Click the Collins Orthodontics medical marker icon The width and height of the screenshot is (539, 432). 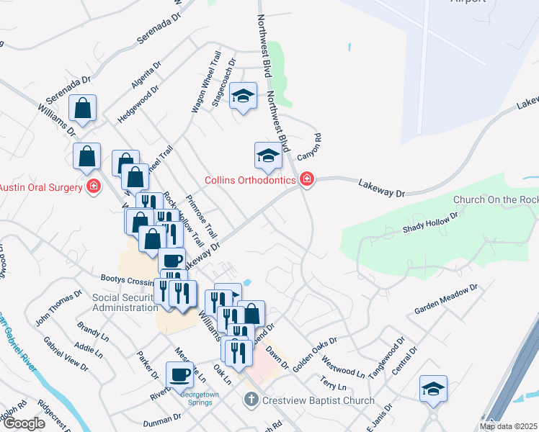point(307,179)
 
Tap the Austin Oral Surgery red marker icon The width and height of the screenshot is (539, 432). point(92,187)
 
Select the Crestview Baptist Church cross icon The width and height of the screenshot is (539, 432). point(251,400)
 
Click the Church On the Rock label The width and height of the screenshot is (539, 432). point(496,199)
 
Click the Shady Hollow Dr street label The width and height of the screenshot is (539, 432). point(431,224)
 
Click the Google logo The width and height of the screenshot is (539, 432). point(24,423)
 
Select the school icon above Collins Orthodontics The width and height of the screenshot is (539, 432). point(268,155)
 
